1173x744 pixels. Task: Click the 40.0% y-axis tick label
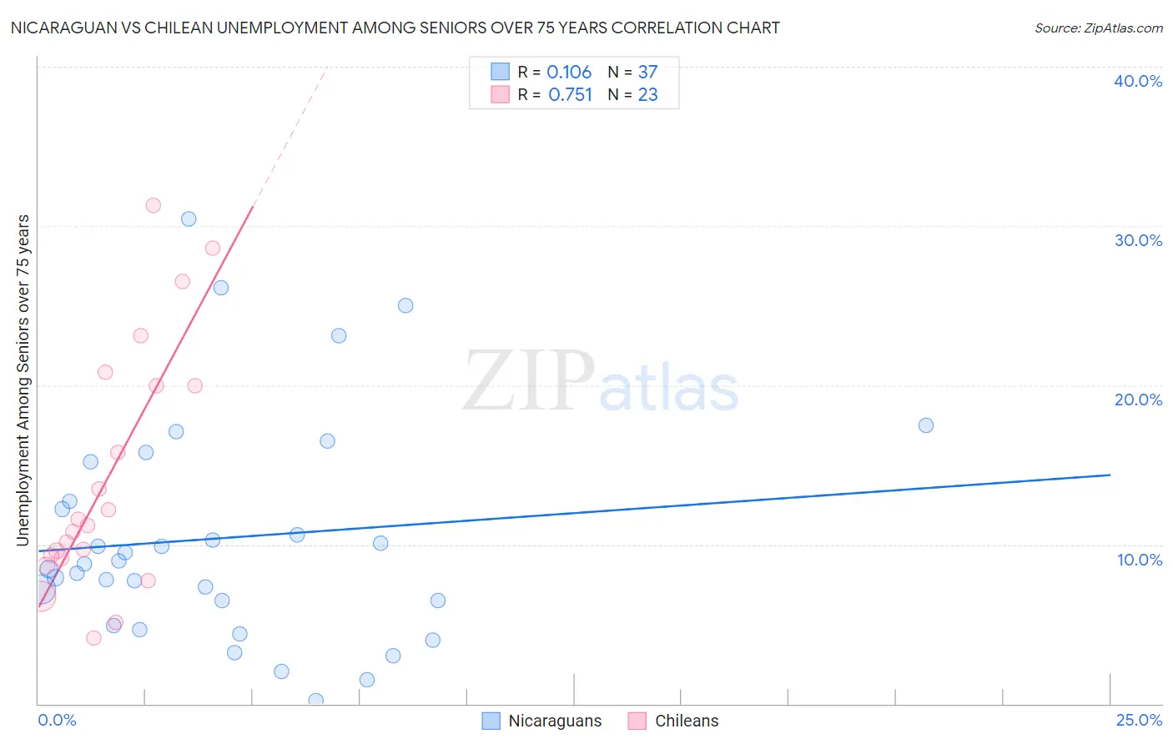(x=1138, y=81)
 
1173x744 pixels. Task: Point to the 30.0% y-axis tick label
(x=1138, y=240)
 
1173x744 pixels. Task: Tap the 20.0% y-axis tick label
(x=1138, y=400)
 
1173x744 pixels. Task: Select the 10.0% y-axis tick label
(x=1140, y=560)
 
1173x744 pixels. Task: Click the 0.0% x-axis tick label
(x=57, y=720)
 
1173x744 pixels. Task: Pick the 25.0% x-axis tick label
(x=1139, y=720)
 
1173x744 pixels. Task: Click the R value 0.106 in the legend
(x=569, y=72)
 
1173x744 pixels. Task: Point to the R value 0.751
(x=570, y=95)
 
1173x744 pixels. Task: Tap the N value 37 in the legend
(x=647, y=72)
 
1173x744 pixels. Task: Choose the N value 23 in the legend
(x=647, y=95)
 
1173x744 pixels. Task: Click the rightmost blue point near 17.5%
(x=925, y=425)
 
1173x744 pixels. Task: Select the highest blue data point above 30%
(x=189, y=219)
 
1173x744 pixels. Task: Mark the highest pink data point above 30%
(x=153, y=205)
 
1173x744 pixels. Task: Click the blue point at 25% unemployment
(x=405, y=305)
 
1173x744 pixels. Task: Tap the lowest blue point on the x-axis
(x=315, y=700)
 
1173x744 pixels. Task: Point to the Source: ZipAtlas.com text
(x=1098, y=28)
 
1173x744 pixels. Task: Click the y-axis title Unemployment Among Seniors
(x=23, y=380)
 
